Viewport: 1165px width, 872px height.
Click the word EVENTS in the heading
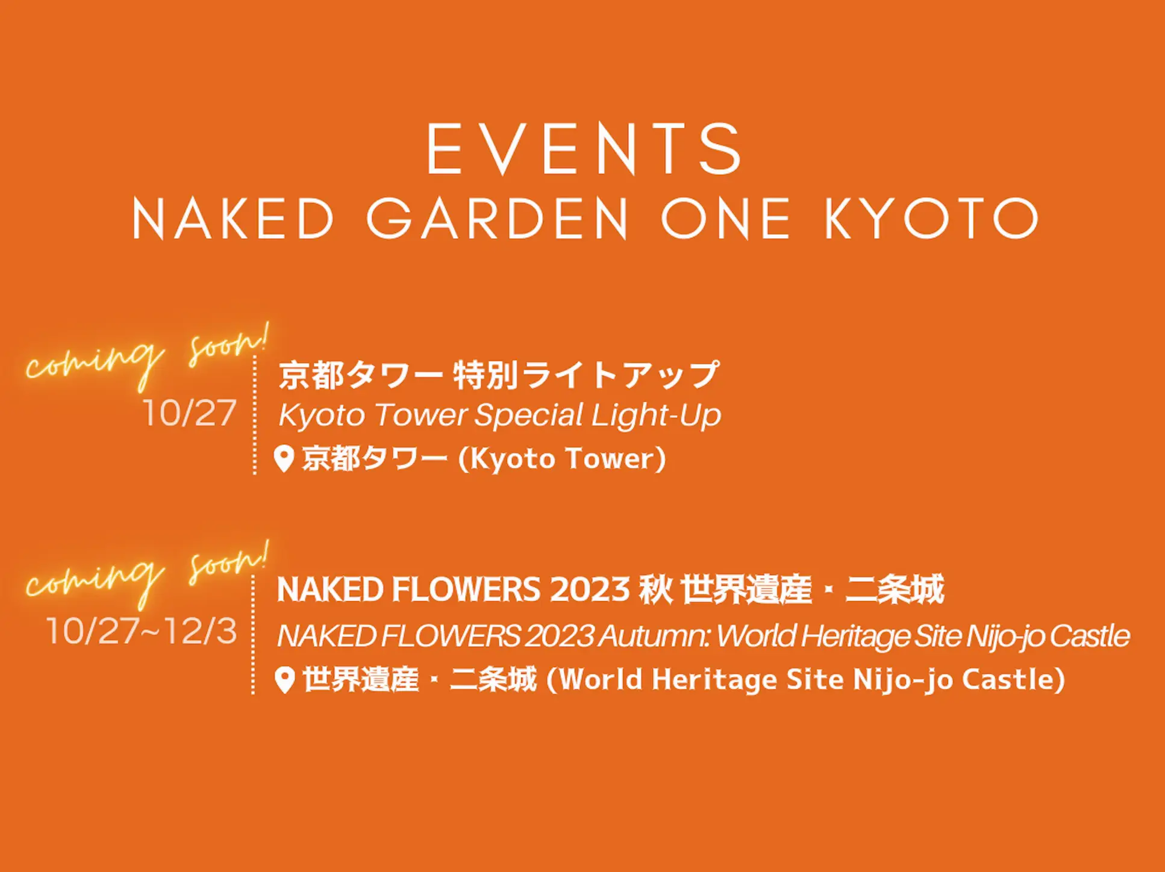584,149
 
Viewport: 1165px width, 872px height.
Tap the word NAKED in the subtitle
233,219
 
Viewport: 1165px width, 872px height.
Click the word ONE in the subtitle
726,219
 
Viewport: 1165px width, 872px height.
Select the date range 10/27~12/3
142,631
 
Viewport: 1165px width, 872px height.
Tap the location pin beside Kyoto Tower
284,459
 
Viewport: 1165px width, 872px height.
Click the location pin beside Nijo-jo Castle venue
284,680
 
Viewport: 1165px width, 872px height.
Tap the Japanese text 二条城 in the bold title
895,589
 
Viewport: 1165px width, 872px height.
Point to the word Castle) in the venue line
1013,680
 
